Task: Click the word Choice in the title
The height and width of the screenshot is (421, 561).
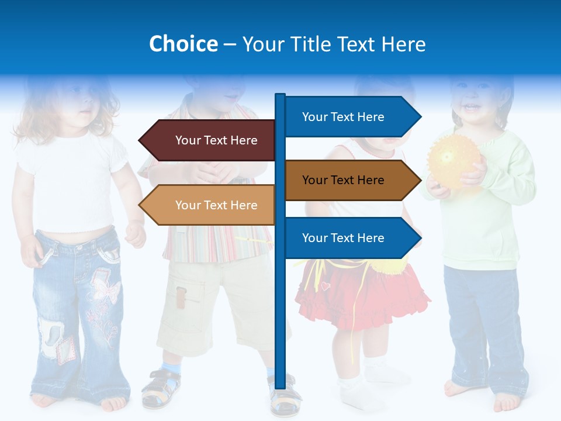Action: [x=183, y=44]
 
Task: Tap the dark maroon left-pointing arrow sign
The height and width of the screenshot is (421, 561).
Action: [x=210, y=140]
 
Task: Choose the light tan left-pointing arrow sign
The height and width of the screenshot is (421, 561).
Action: [x=210, y=205]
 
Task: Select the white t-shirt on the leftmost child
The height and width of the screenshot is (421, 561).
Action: [x=70, y=181]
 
